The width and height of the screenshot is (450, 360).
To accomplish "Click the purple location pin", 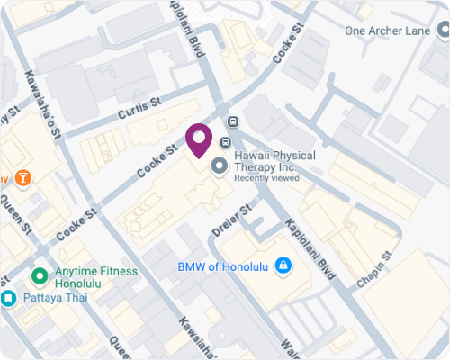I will pos(198,140).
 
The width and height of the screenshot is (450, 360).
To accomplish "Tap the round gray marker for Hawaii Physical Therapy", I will pos(219,166).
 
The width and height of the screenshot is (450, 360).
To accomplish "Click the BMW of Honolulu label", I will pos(225,266).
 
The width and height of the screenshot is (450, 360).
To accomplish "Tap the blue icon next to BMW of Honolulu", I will pos(283,265).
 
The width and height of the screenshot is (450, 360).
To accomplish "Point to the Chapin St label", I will pos(375,269).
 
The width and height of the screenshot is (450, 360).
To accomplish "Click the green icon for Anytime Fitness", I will pos(39,275).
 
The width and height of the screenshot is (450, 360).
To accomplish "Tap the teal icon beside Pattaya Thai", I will pos(7,297).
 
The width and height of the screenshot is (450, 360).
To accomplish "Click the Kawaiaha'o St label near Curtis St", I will pos(43,103).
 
